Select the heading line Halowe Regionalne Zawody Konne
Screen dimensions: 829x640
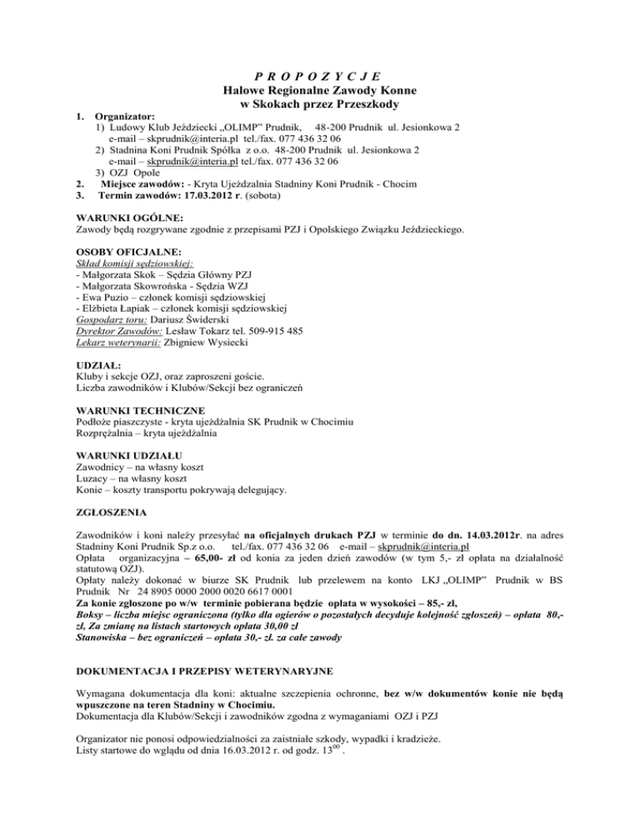(320, 89)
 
